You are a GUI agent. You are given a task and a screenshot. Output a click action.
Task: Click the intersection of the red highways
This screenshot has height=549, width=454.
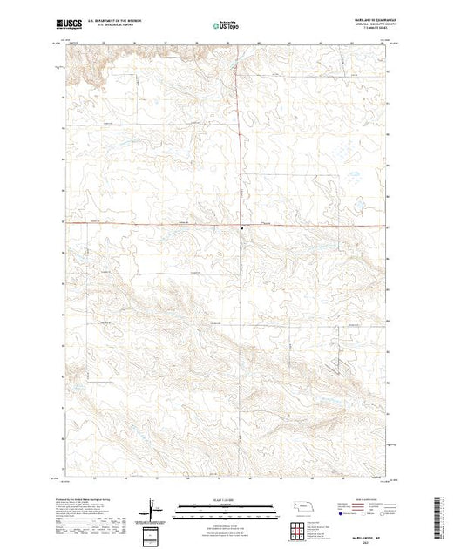pos(241,225)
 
